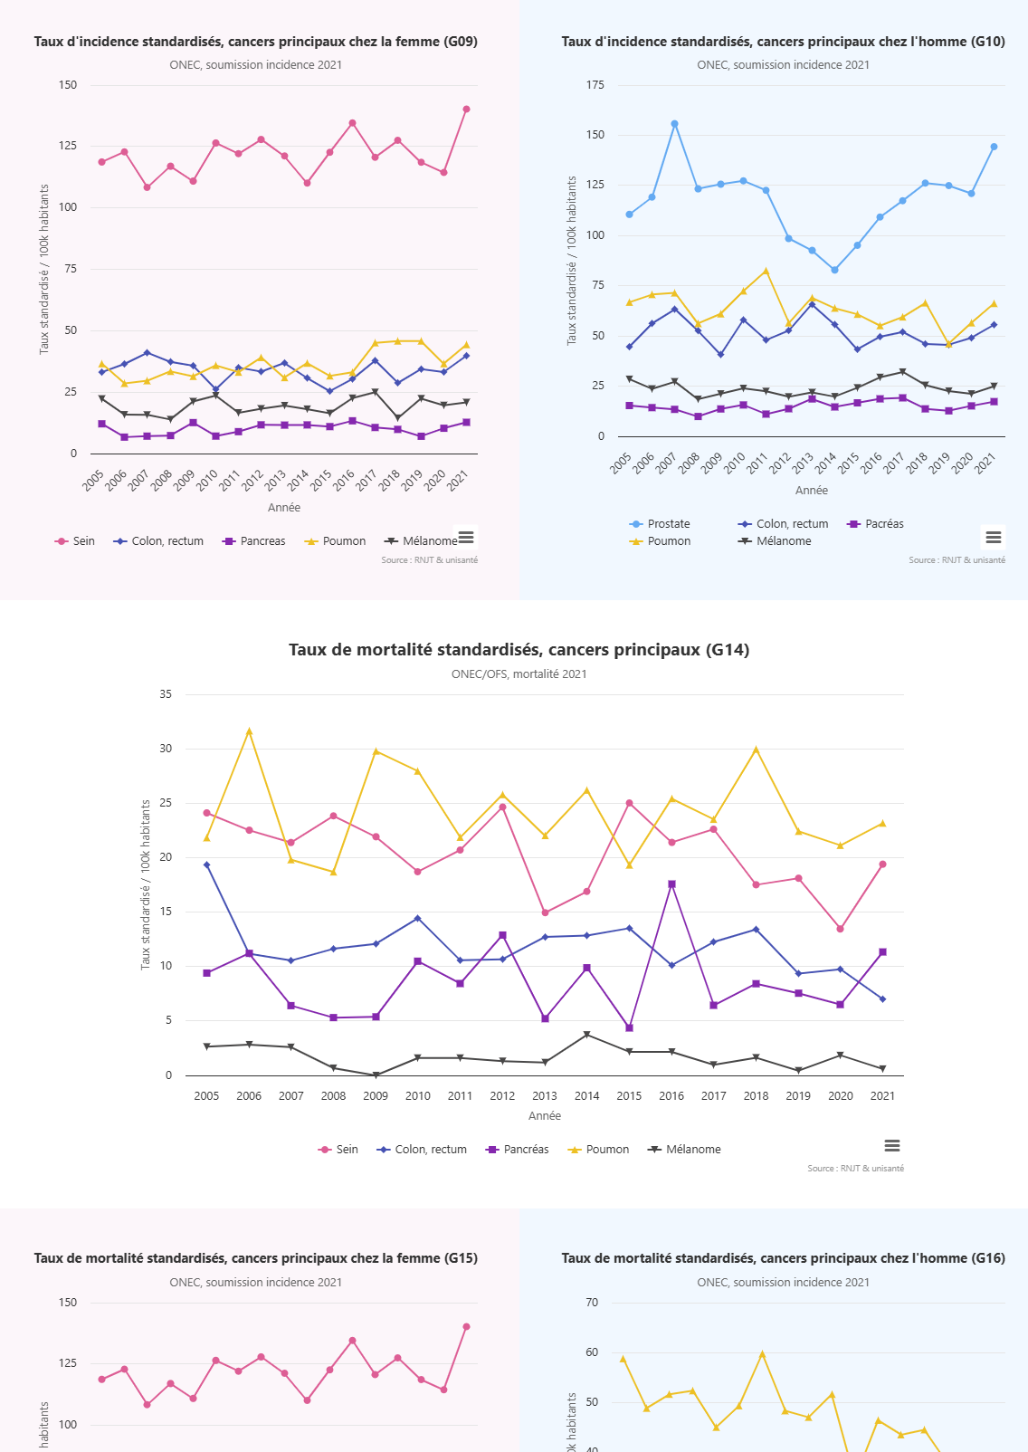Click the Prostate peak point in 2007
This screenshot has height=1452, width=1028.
point(674,124)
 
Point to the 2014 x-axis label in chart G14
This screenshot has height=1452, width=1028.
point(586,1096)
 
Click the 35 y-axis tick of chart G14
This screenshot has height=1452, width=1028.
point(166,694)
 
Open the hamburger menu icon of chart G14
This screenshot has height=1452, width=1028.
point(892,1146)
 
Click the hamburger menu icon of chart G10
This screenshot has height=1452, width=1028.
point(994,537)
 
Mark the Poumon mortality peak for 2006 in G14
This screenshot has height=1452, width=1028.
point(249,731)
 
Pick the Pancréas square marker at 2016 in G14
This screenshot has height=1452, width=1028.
point(671,884)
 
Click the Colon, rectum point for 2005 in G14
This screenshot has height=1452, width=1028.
point(206,865)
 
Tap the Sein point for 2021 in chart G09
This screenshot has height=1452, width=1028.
point(466,110)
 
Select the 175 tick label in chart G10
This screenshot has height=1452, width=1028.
point(595,85)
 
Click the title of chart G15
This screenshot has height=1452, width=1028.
point(255,1258)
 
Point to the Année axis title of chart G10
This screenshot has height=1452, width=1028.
point(812,491)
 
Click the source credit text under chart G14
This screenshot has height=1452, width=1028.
point(855,1169)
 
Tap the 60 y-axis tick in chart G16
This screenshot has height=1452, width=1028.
point(592,1352)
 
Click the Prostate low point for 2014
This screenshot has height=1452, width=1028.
point(834,270)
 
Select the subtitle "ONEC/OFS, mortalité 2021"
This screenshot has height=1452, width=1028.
point(519,674)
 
